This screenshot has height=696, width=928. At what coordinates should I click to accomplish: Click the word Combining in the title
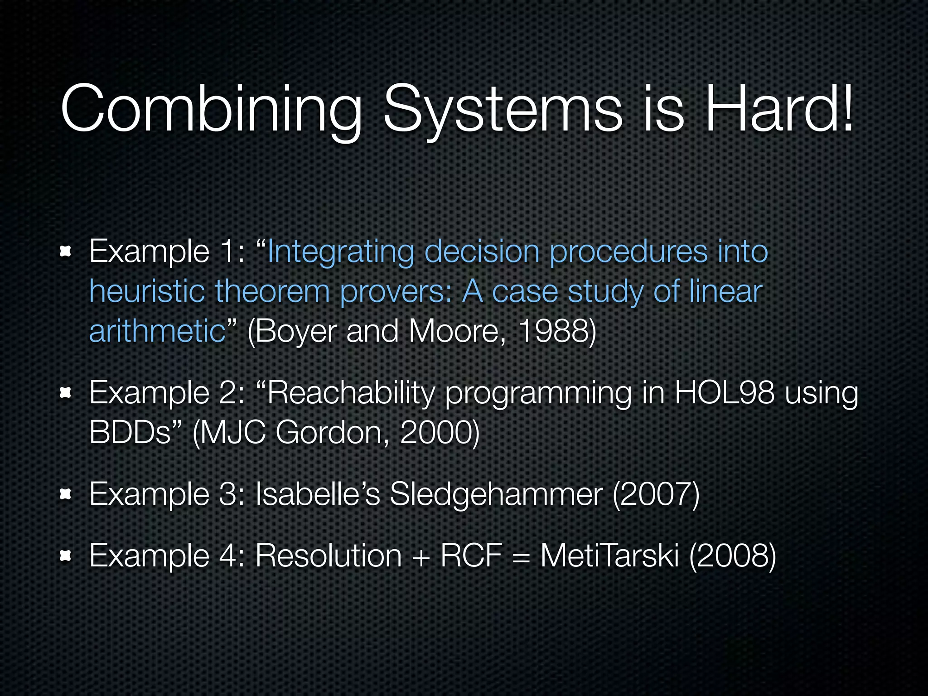click(x=211, y=109)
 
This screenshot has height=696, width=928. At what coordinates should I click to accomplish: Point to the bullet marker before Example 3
click(x=66, y=494)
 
